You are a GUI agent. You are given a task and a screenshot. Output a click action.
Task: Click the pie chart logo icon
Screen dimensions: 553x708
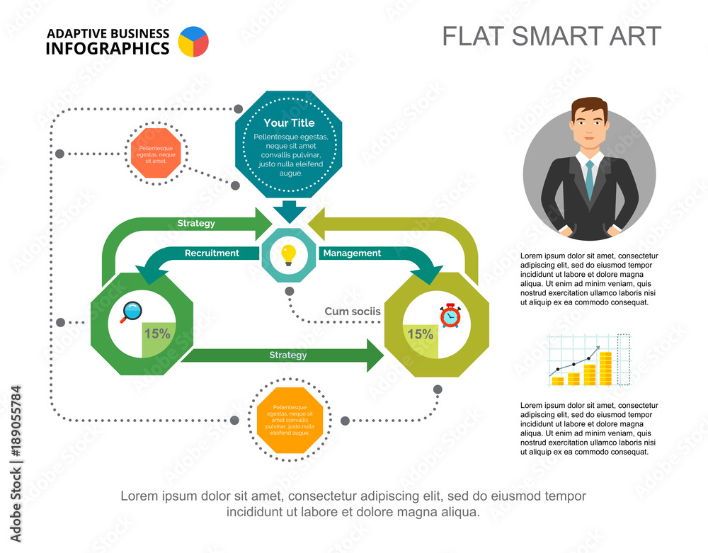click(x=194, y=42)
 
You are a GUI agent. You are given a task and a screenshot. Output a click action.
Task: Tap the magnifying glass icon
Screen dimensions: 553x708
click(x=131, y=312)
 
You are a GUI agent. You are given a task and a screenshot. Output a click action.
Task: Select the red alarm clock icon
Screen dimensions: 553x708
click(x=450, y=315)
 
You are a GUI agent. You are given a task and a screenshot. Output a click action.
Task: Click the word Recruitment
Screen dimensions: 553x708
click(x=212, y=253)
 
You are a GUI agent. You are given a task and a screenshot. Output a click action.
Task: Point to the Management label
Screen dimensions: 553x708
click(x=352, y=253)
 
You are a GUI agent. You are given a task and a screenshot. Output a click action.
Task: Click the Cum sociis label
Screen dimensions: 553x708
click(x=353, y=311)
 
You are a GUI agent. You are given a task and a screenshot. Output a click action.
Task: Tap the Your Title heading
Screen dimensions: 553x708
click(x=289, y=123)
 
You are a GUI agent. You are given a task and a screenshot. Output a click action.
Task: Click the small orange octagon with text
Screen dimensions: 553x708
click(x=156, y=154)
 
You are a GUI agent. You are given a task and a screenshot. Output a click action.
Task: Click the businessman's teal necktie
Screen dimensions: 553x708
click(x=589, y=180)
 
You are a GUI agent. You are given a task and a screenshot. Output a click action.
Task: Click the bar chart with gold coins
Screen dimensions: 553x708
click(x=588, y=361)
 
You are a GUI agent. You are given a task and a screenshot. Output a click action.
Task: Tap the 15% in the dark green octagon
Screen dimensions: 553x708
click(x=157, y=333)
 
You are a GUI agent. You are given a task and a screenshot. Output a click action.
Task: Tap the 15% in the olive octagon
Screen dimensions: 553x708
click(x=420, y=334)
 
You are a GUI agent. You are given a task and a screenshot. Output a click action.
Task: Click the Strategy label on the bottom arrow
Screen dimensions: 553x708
click(x=287, y=355)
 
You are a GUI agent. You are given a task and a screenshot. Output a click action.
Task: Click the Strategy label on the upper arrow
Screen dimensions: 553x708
click(x=196, y=224)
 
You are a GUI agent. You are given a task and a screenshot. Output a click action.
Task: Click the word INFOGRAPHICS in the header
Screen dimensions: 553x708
click(x=108, y=48)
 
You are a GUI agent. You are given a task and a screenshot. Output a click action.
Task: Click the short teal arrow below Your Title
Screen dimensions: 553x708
click(x=289, y=211)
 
